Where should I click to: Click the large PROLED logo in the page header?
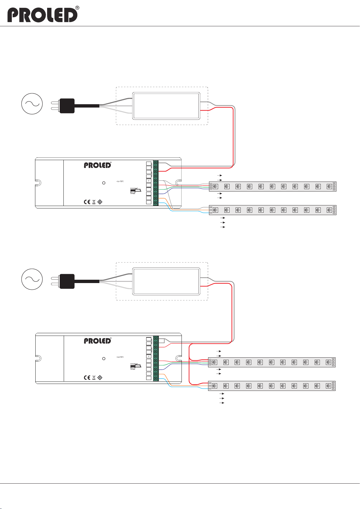tap(42, 15)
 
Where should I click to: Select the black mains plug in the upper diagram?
tap(67, 106)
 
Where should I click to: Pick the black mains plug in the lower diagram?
tap(67, 281)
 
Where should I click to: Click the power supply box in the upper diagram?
tap(166, 106)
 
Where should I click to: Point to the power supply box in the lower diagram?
tap(166, 281)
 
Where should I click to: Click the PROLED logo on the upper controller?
tap(98, 165)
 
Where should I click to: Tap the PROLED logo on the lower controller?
tap(98, 341)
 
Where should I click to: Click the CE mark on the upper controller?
tap(87, 202)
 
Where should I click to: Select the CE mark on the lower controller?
tap(87, 378)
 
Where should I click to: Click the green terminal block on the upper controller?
tap(156, 183)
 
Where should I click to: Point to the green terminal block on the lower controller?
tap(156, 359)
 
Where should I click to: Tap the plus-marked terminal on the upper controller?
tap(149, 181)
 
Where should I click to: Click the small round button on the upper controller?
tap(104, 183)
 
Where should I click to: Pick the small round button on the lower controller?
tap(104, 359)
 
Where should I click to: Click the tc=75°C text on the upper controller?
tap(120, 181)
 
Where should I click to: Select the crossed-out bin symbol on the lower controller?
tap(94, 378)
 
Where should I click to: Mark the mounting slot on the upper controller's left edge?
tap(38, 183)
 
